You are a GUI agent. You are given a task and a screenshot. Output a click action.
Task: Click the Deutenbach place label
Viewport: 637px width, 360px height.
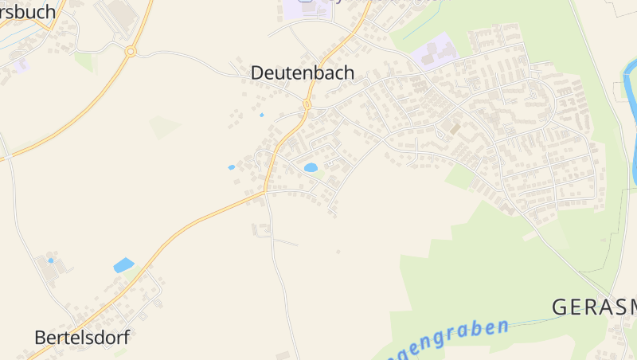pos(303,72)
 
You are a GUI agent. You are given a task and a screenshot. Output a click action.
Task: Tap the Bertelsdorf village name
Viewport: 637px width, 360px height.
pos(81,337)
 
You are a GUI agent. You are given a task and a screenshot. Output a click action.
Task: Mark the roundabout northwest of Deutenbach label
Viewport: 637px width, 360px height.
pos(131,51)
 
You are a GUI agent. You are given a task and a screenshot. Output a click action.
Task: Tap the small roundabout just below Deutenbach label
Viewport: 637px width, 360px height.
pos(307,104)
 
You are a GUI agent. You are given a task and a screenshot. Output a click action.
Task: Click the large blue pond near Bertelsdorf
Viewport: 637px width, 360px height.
pos(123,265)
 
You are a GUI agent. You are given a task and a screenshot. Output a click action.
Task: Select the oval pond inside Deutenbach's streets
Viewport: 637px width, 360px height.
pos(311,167)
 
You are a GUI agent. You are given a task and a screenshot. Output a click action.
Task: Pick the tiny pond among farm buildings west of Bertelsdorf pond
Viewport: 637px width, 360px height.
pos(51,260)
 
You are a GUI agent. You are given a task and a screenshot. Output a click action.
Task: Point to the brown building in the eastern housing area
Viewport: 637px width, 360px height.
pos(455,127)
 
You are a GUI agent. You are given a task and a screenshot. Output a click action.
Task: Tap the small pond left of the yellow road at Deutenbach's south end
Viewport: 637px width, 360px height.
pos(232,167)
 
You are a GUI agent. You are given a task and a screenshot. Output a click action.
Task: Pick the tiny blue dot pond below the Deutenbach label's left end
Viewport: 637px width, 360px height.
pos(261,115)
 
